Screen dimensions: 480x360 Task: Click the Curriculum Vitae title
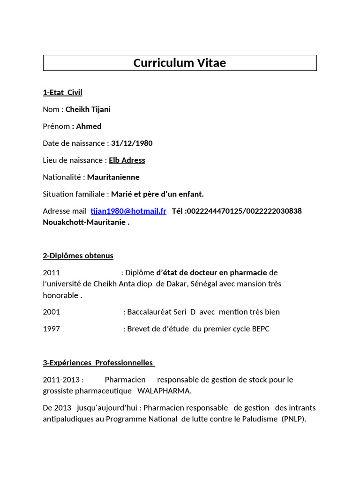click(x=180, y=63)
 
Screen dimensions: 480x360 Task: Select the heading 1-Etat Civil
click(x=62, y=92)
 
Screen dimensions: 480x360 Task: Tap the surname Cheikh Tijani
click(x=88, y=109)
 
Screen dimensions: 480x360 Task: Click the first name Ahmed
click(x=89, y=126)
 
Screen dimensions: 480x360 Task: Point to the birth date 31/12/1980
click(x=132, y=143)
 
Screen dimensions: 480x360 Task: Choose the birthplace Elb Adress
click(x=127, y=160)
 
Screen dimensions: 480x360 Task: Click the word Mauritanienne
click(x=113, y=177)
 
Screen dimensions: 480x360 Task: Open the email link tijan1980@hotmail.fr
click(x=128, y=211)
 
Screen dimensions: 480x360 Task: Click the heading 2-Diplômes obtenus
click(x=78, y=255)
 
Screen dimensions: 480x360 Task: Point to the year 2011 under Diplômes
click(x=52, y=272)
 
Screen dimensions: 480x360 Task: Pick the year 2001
click(x=52, y=312)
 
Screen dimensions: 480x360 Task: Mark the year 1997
click(x=52, y=329)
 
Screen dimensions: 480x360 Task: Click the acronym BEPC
click(x=260, y=329)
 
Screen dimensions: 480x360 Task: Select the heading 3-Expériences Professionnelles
click(x=98, y=362)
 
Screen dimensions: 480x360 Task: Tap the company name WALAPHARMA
click(x=164, y=390)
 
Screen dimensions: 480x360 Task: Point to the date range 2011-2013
click(x=63, y=379)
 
